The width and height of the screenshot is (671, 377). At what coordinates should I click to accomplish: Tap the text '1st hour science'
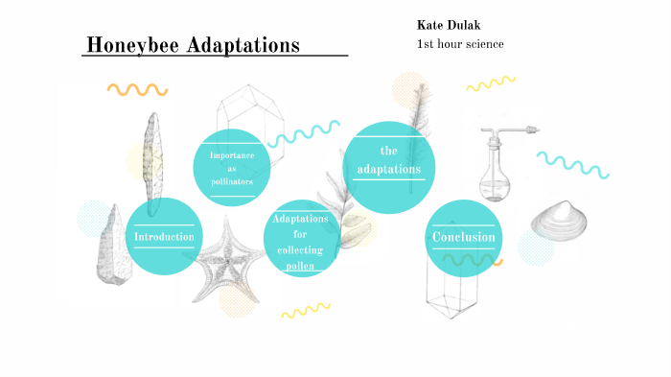coord(460,44)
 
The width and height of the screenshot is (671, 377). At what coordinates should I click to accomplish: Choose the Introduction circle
coord(164,236)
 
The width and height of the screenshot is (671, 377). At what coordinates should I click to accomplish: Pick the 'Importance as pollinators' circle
coord(231,167)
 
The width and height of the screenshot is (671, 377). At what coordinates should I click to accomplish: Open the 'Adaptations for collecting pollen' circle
coord(301,243)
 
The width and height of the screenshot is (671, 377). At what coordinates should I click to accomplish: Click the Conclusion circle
coord(464,238)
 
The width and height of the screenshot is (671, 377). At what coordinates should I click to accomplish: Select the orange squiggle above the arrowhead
coord(137,90)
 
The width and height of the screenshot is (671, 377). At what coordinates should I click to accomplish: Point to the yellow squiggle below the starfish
coord(305,310)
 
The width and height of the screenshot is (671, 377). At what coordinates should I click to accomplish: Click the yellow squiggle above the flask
coord(491,84)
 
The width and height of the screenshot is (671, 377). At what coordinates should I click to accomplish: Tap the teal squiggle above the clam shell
coord(572,164)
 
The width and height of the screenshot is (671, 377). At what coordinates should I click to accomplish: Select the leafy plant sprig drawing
coord(343,206)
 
